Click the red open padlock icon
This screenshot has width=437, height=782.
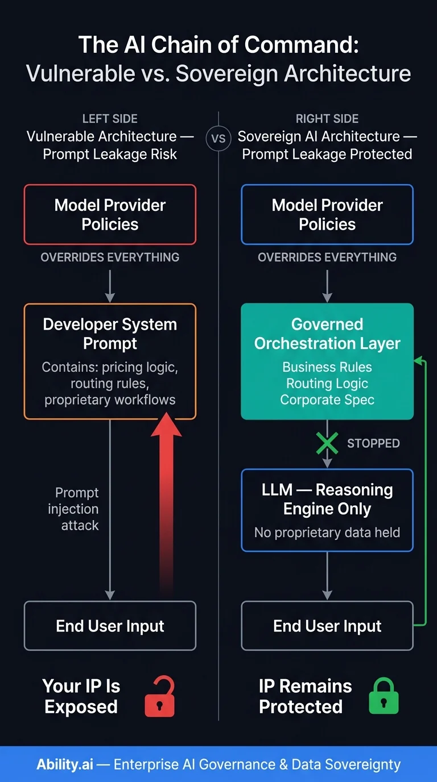[x=159, y=697]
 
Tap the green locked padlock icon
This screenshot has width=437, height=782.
[x=384, y=697]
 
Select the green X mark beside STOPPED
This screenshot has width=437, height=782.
[x=327, y=443]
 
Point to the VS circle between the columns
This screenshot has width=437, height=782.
[x=218, y=139]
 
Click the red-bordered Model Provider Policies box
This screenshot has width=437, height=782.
[x=110, y=214]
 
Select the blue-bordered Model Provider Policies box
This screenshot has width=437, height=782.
[x=327, y=214]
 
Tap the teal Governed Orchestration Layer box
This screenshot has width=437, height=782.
[x=327, y=361]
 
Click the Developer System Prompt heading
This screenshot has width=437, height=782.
[x=110, y=334]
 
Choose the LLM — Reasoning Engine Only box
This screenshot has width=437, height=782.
[x=327, y=510]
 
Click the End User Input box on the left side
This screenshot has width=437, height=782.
[x=110, y=626]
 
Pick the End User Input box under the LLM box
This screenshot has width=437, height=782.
[x=327, y=626]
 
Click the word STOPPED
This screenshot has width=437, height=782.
[x=373, y=443]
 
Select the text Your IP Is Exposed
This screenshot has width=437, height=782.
[x=81, y=696]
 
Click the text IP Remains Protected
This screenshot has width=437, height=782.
[x=305, y=696]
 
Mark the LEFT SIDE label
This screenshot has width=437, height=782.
[x=110, y=119]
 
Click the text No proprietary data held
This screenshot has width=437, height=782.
[x=327, y=533]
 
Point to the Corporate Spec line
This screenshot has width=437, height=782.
[x=327, y=400]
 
